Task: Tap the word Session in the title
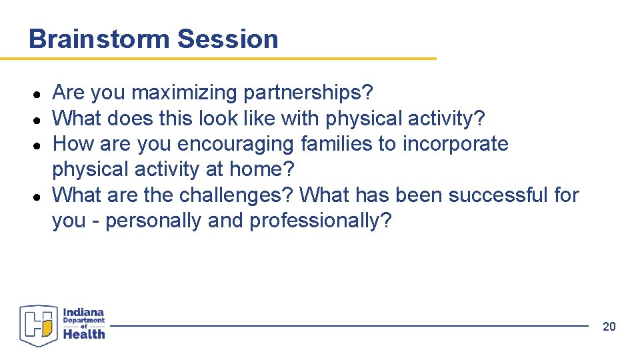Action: tap(227, 39)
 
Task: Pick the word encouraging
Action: tap(236, 144)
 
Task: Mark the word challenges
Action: tap(235, 195)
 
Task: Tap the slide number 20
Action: tap(609, 326)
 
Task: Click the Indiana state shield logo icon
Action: tap(39, 326)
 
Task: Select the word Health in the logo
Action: tap(84, 334)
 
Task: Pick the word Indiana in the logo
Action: tap(83, 312)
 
